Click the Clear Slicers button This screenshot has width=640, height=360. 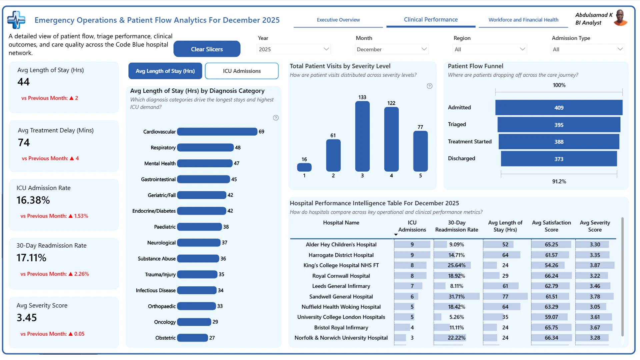click(207, 49)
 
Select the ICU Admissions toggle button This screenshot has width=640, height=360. click(242, 71)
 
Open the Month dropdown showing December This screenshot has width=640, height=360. click(391, 49)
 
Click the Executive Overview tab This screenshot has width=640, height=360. click(338, 20)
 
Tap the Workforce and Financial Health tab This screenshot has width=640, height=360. click(523, 20)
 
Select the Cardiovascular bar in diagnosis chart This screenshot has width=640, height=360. click(217, 132)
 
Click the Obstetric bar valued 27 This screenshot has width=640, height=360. click(192, 338)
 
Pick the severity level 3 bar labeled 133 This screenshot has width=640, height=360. click(362, 136)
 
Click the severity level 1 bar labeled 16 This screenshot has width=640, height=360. click(304, 167)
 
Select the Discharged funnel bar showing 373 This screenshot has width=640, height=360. click(559, 159)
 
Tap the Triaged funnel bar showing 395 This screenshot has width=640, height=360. click(559, 125)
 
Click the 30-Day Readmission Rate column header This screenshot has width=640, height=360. click(456, 226)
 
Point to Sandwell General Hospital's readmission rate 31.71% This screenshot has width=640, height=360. click(456, 296)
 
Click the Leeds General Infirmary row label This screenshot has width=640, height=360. click(341, 286)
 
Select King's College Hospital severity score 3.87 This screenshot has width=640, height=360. click(595, 265)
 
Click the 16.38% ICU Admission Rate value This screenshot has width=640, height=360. click(33, 200)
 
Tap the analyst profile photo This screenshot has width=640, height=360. click(620, 18)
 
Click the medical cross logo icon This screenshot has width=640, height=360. click(16, 20)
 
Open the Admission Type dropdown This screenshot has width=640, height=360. click(587, 49)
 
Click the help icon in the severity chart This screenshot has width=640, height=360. click(429, 86)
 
